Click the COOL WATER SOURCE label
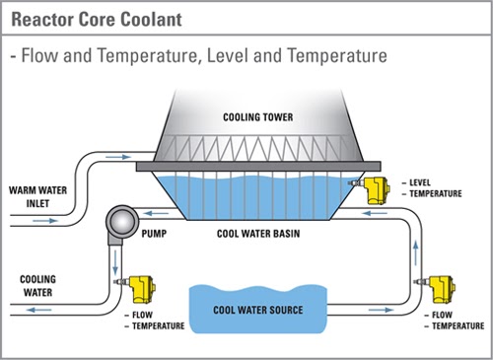pos(258,310)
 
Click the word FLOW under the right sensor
pos(444,315)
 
